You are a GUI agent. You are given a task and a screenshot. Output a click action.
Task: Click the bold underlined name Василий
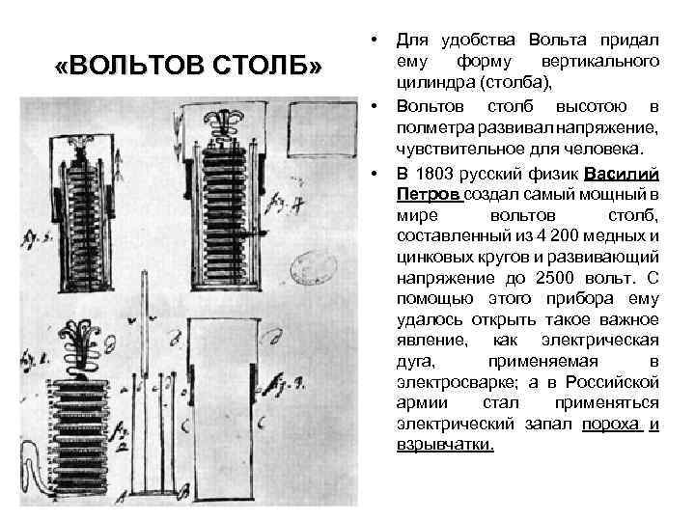(x=622, y=175)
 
